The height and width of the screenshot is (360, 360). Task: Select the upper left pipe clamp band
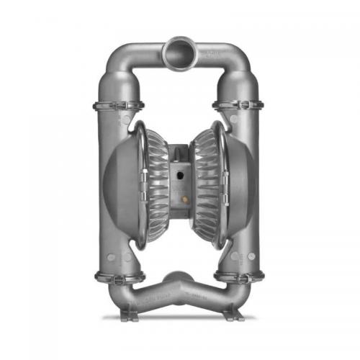pyautogui.click(x=118, y=106)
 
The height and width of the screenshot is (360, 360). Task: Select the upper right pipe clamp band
pyautogui.click(x=239, y=106)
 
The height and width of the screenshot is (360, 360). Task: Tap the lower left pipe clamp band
pyautogui.click(x=119, y=275)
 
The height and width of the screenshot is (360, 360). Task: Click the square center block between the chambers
pyautogui.click(x=179, y=184)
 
